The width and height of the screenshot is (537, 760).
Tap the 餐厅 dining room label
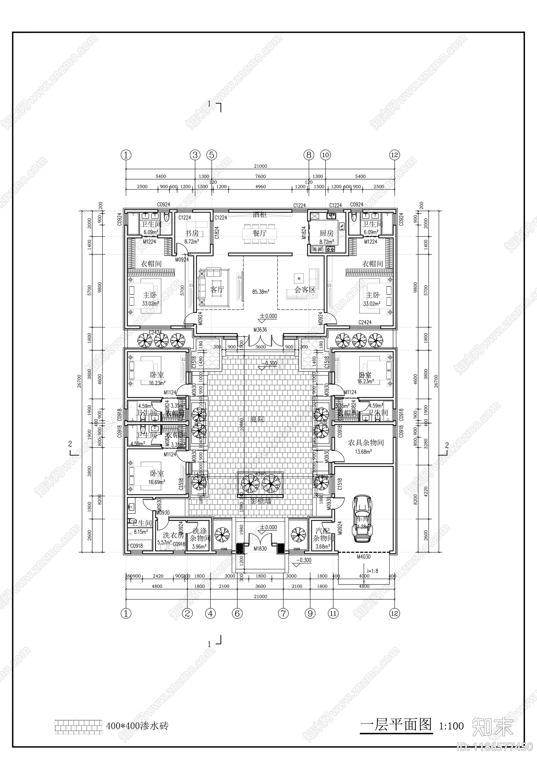point(260,233)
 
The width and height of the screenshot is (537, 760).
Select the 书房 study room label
point(192,233)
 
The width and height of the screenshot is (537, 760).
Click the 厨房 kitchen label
point(326,233)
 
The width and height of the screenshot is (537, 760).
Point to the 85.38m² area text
point(260,292)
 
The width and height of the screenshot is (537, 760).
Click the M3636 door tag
point(260,330)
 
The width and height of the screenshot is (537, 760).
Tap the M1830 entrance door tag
point(260,549)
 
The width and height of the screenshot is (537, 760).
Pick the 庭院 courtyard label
point(257,419)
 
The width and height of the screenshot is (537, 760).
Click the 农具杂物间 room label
point(365,443)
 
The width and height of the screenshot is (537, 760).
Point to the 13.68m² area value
point(363,452)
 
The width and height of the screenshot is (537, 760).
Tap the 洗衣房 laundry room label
point(173,535)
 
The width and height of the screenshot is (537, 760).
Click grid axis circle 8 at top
point(309,155)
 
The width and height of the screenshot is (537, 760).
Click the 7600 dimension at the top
point(260,176)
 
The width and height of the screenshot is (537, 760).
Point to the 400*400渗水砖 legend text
point(137,726)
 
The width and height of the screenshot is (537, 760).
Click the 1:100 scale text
point(451,726)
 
